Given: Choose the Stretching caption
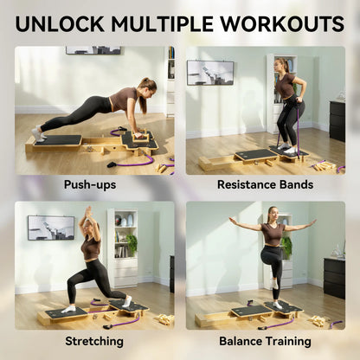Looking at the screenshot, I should click(x=93, y=341).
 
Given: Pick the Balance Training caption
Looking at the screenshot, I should click(x=266, y=341).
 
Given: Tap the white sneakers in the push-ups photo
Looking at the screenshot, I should click(x=38, y=133).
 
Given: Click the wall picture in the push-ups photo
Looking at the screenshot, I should click(x=93, y=50).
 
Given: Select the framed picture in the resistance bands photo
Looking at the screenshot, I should click(x=210, y=72).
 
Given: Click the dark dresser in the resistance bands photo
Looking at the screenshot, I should click(x=337, y=120).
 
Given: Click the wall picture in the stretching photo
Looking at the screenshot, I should click(x=50, y=228).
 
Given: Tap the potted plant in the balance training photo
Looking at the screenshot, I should click(x=286, y=247).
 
